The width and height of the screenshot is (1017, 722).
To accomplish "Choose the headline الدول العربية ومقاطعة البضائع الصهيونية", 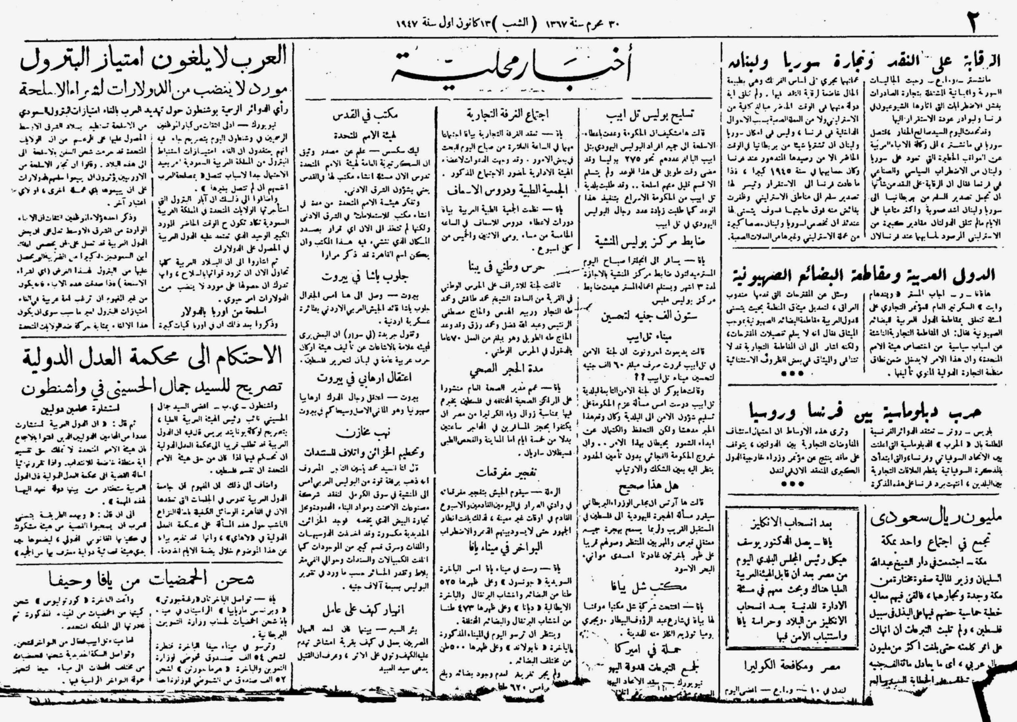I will [x=863, y=275].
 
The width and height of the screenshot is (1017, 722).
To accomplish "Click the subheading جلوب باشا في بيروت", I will [x=365, y=277].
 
